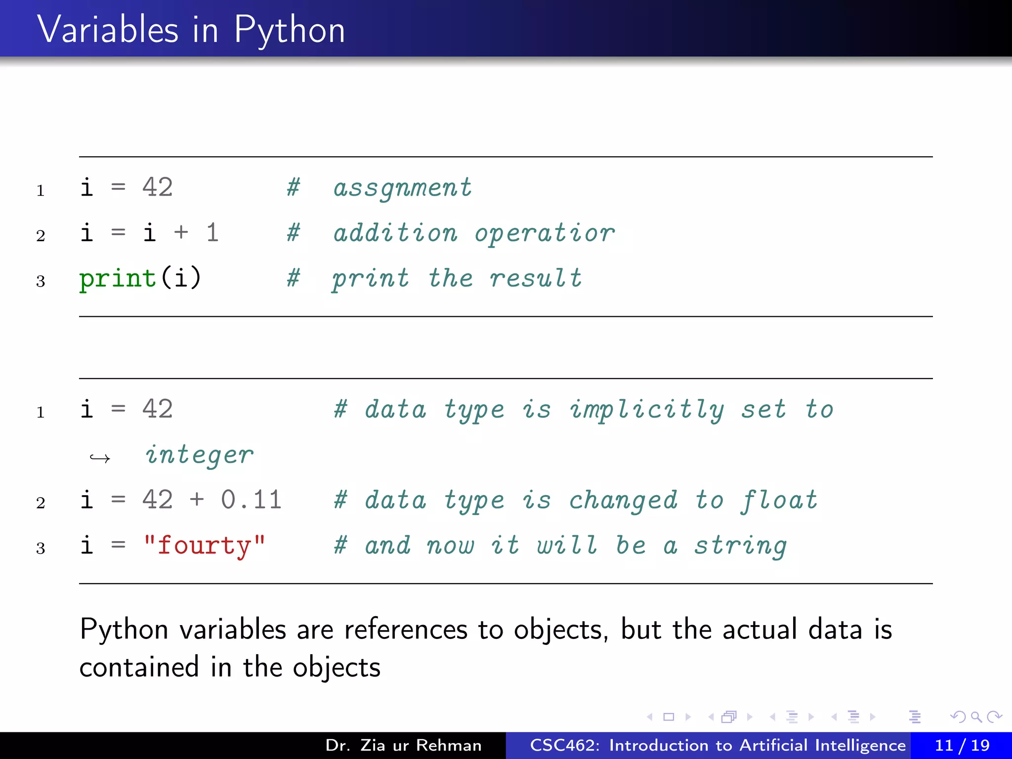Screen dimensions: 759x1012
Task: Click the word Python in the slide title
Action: (x=289, y=31)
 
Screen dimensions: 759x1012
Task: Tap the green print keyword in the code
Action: (x=118, y=278)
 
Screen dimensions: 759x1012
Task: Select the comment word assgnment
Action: (x=402, y=188)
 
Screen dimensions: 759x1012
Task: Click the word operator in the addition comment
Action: (x=545, y=233)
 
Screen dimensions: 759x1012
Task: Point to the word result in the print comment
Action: (x=536, y=278)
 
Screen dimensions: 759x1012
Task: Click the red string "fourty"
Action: (x=204, y=546)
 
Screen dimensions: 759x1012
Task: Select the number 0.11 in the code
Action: (x=251, y=500)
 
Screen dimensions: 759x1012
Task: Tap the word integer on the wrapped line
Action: (x=199, y=455)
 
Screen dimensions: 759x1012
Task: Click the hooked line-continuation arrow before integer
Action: (x=100, y=458)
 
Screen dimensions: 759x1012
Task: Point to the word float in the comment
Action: (x=779, y=500)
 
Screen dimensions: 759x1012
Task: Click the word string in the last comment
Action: (x=740, y=546)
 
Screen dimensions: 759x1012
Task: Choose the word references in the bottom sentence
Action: (x=405, y=630)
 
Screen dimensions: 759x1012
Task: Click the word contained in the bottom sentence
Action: (x=139, y=667)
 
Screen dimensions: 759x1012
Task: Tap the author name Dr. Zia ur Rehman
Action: (x=403, y=745)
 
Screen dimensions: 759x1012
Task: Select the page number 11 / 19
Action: (x=962, y=745)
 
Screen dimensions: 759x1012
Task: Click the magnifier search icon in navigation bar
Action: (x=976, y=717)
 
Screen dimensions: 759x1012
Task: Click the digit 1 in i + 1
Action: (x=212, y=233)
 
